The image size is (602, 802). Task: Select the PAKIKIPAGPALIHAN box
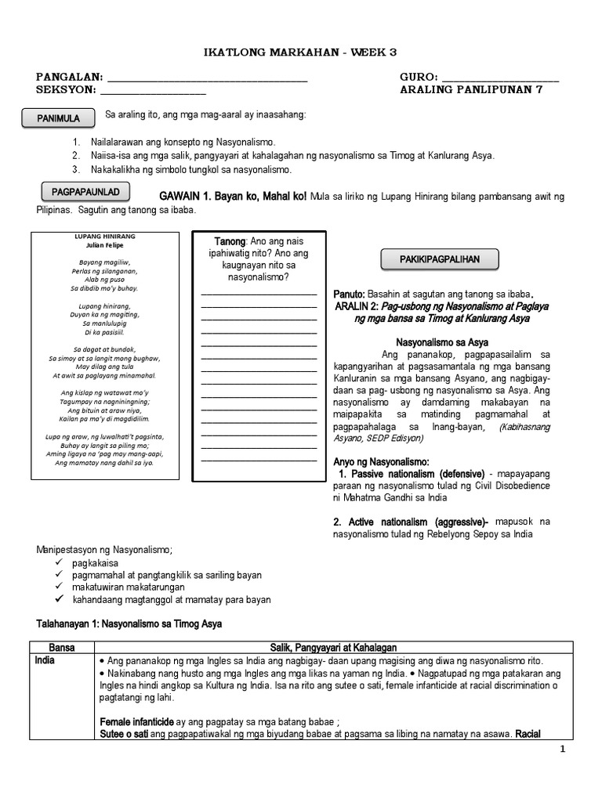[441, 258]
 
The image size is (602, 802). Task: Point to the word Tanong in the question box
[230, 241]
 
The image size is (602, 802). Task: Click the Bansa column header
[62, 648]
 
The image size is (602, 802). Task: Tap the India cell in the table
[45, 660]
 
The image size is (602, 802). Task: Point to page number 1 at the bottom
[562, 750]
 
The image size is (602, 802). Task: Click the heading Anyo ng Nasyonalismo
[381, 461]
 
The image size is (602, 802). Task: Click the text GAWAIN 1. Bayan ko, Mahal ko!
[233, 195]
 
